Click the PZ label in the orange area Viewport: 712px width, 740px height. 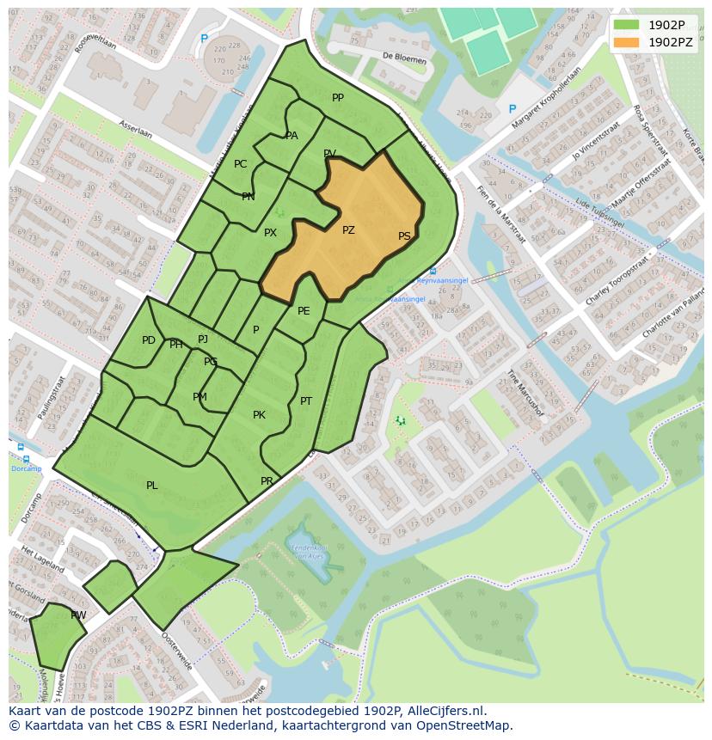(x=348, y=230)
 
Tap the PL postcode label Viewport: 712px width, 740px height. (x=152, y=486)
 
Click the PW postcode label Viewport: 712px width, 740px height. (x=78, y=615)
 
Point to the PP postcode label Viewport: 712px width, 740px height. (x=338, y=98)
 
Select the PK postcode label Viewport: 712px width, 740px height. (x=259, y=415)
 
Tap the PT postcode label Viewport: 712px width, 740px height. (x=306, y=401)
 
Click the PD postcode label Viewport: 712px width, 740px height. (x=149, y=340)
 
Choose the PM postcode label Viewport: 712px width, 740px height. (x=199, y=397)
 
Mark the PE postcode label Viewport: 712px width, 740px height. (x=304, y=311)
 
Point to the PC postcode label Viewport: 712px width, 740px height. (x=241, y=164)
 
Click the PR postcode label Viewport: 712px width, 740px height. (x=267, y=481)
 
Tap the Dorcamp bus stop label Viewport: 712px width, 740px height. (x=26, y=468)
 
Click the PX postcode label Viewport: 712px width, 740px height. (x=270, y=233)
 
